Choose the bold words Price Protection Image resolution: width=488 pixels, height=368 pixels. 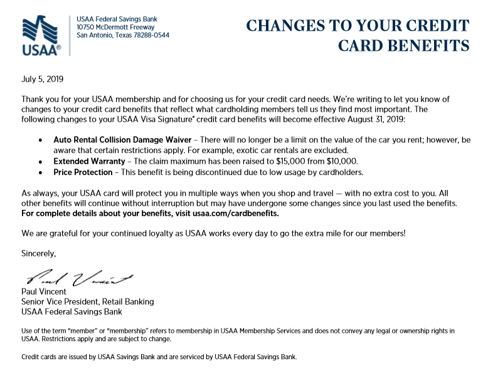pyautogui.click(x=83, y=172)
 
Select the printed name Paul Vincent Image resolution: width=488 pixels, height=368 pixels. pyautogui.click(x=44, y=292)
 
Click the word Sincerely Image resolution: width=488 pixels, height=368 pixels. pyautogui.click(x=39, y=253)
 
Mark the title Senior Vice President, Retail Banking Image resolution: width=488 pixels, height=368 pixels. pyautogui.click(x=87, y=302)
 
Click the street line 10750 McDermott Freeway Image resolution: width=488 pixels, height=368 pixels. pyautogui.click(x=117, y=27)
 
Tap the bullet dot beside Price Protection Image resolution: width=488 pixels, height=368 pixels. pyautogui.click(x=41, y=172)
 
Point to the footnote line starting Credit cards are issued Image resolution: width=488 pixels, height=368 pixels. pyautogui.click(x=159, y=357)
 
